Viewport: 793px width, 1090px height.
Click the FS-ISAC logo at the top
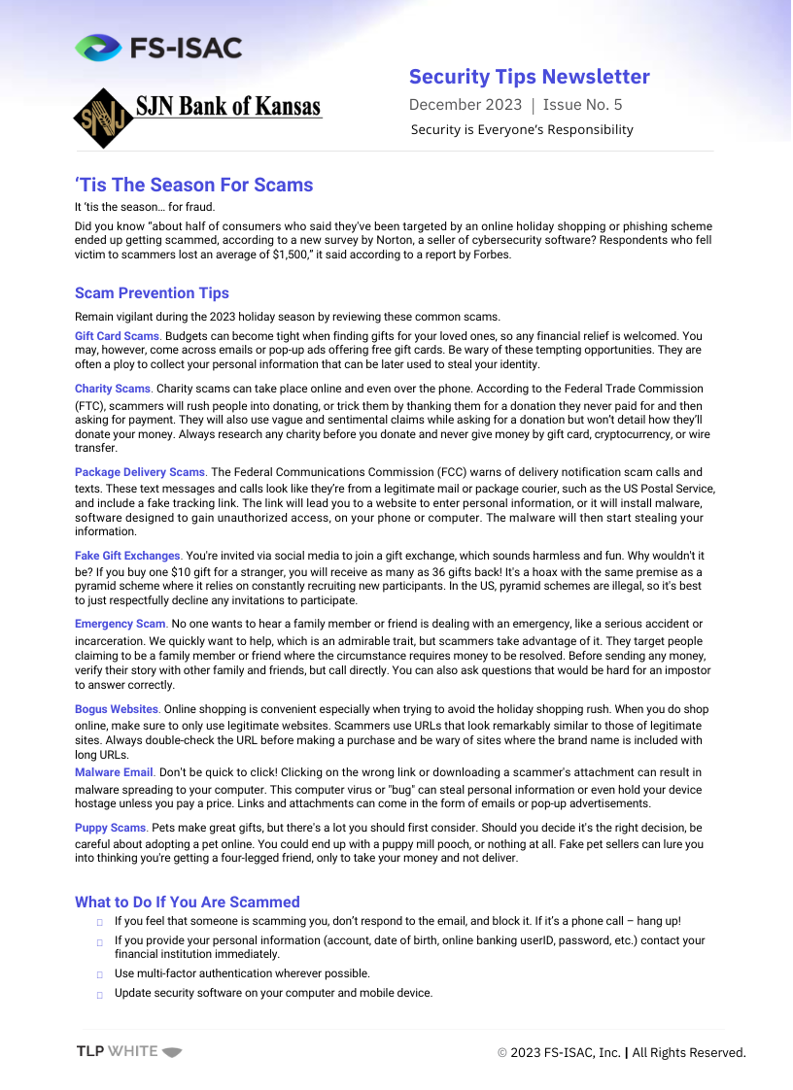[158, 48]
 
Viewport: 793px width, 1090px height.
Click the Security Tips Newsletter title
[529, 77]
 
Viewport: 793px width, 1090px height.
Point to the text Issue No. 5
[582, 105]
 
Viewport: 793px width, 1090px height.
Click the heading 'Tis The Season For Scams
[193, 185]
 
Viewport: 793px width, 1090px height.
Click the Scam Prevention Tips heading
[152, 292]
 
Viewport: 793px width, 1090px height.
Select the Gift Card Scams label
[117, 335]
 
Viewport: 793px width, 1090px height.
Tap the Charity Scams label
[113, 389]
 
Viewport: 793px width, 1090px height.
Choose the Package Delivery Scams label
[140, 472]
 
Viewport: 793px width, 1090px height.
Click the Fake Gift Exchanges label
[127, 556]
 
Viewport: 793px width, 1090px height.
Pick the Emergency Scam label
[120, 624]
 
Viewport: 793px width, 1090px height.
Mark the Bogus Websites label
[117, 709]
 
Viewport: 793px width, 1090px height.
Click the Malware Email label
[114, 772]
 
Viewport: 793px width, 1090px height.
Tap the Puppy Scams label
[110, 828]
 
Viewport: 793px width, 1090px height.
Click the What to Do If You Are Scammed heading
[187, 902]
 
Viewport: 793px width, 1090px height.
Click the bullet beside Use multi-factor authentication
[100, 974]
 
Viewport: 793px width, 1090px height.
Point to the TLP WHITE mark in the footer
[129, 1051]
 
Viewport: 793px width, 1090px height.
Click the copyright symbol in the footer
[502, 1053]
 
